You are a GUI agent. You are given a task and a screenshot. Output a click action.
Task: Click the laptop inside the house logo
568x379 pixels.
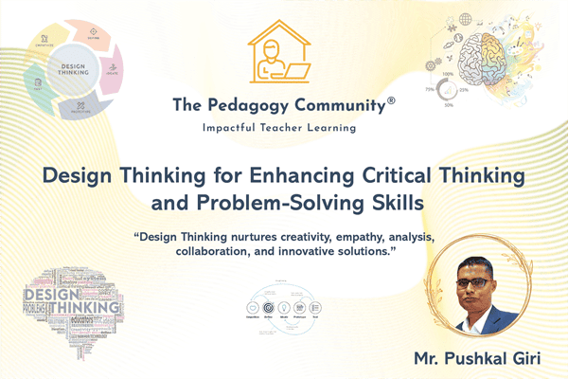click(296, 68)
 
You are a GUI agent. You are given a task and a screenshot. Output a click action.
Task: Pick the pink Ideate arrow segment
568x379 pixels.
click(112, 70)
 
